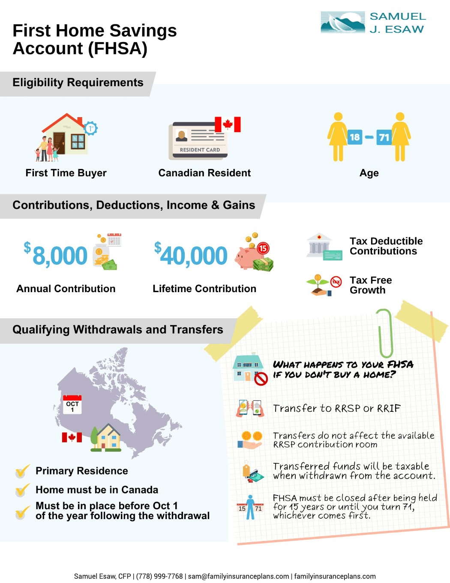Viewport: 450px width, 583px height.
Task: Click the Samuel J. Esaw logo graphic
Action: click(343, 22)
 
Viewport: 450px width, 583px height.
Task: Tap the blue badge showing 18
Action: click(354, 137)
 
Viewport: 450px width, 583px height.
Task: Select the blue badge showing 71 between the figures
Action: click(384, 137)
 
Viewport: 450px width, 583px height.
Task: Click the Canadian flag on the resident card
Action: click(228, 124)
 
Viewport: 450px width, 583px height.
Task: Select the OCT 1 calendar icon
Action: click(72, 405)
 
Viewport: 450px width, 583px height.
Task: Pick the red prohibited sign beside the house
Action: click(261, 379)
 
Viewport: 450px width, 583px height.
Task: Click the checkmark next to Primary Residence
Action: click(22, 471)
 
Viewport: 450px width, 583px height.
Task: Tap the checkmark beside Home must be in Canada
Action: click(22, 489)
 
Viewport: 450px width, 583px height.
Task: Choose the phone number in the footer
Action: click(159, 576)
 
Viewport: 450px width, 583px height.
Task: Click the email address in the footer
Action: click(238, 576)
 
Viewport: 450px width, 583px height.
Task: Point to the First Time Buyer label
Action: click(66, 173)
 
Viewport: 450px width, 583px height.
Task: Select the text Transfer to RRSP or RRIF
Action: click(337, 408)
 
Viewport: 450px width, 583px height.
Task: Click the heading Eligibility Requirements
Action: click(78, 83)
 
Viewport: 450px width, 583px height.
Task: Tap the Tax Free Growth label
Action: click(371, 285)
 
